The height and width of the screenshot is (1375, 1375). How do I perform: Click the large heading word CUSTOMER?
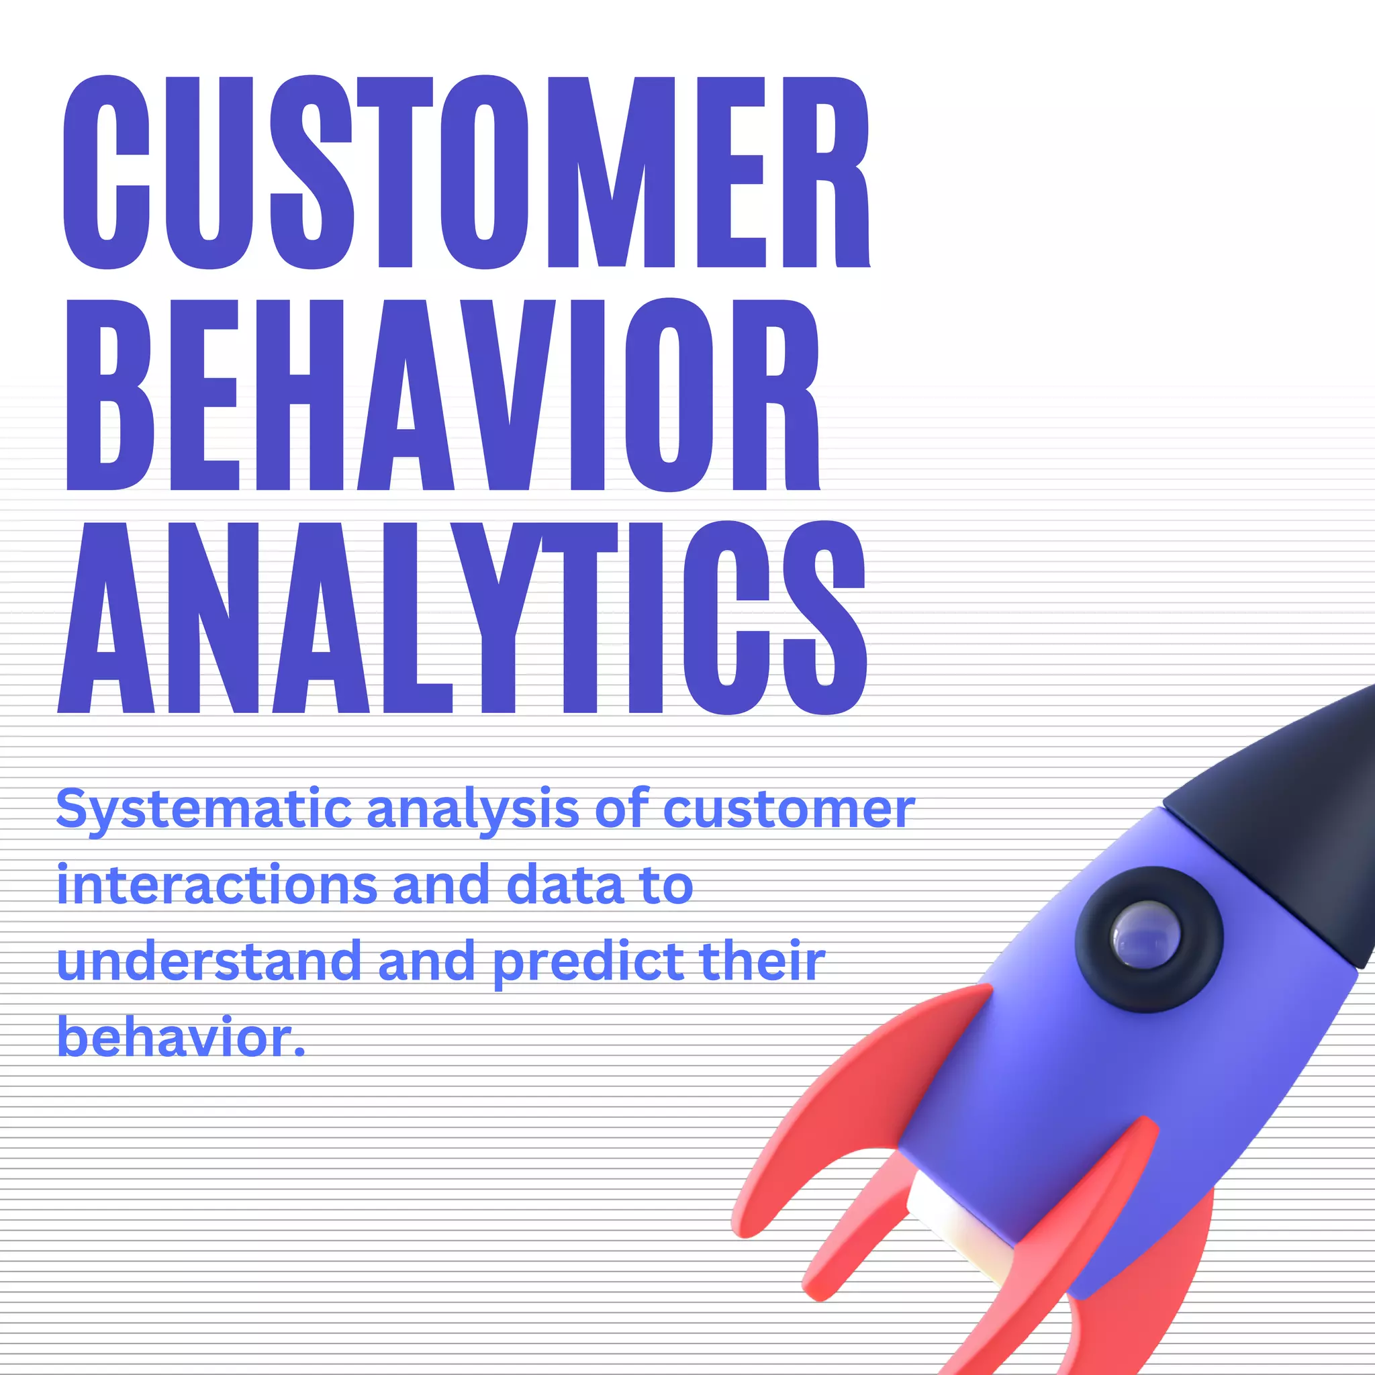coord(466,173)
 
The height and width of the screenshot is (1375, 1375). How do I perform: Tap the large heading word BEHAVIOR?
coord(442,395)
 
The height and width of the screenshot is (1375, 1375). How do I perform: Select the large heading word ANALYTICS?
coord(463,618)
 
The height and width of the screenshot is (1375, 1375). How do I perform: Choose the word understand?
coord(209,961)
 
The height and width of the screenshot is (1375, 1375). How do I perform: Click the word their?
coord(762,961)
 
